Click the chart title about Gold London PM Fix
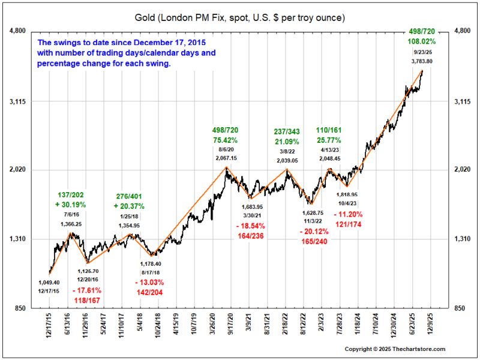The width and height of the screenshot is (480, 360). tap(240, 17)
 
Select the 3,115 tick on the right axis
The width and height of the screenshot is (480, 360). tap(463, 101)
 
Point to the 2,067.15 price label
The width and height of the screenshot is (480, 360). tap(226, 157)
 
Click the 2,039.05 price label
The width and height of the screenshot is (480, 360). tap(290, 161)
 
